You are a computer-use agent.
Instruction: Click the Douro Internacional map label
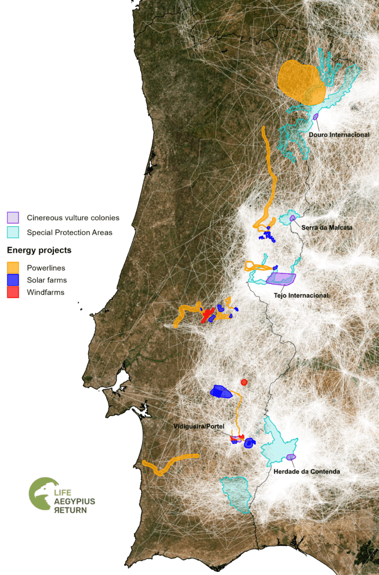click(x=339, y=135)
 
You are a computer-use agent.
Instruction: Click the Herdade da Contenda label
click(x=306, y=471)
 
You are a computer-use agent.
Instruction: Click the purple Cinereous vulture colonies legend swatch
click(x=13, y=217)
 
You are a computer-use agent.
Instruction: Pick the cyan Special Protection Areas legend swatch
click(x=13, y=232)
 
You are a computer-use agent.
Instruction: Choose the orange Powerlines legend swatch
click(x=13, y=267)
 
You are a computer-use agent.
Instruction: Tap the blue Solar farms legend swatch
click(x=13, y=280)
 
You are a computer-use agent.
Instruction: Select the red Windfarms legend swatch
click(x=13, y=292)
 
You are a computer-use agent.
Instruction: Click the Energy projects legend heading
click(x=39, y=250)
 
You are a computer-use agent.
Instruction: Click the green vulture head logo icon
click(x=42, y=494)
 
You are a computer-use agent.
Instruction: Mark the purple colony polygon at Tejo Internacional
click(x=280, y=279)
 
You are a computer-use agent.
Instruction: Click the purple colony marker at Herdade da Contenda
click(x=291, y=457)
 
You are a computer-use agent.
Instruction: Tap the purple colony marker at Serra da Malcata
click(x=292, y=217)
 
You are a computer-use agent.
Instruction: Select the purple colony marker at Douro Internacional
click(x=316, y=116)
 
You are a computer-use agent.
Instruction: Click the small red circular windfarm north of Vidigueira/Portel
click(x=244, y=382)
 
